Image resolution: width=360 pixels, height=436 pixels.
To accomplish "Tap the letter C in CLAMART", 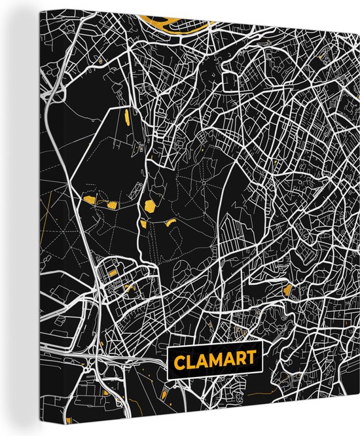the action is click(x=178, y=360).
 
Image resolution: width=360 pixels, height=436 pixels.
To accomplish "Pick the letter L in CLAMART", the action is click(x=189, y=360).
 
